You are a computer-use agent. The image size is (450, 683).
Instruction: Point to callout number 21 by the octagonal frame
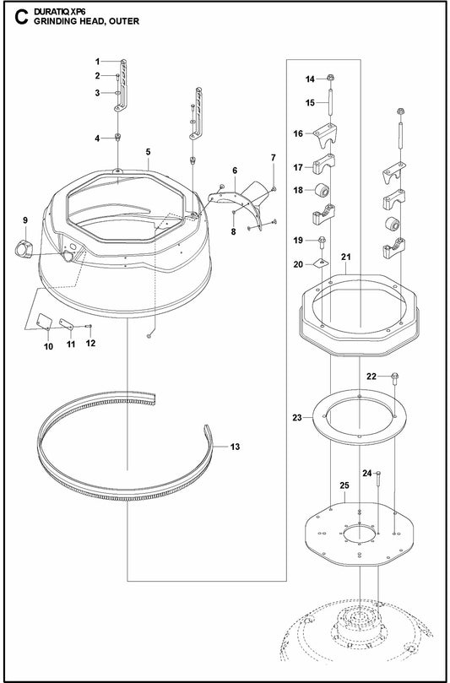tap(345, 256)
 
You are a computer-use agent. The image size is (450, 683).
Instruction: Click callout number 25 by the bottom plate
tap(344, 485)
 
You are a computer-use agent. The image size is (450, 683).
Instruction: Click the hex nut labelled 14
tap(331, 79)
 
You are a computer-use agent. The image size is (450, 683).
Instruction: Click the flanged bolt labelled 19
tap(323, 241)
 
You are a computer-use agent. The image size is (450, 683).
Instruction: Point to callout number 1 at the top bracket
tap(98, 61)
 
